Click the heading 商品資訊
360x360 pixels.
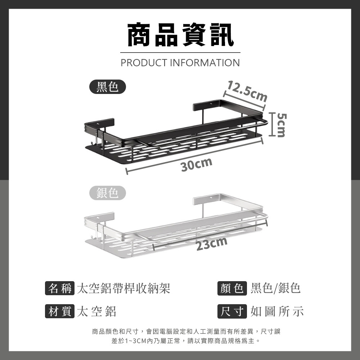pos(180,35)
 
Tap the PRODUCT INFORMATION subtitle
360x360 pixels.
pos(180,63)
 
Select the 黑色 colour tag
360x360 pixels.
pos(108,87)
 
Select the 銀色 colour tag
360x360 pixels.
pos(108,193)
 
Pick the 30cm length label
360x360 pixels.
pos(196,165)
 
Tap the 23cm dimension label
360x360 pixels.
pos(211,244)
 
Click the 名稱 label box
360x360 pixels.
pos(60,288)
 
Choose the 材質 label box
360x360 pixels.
pos(60,311)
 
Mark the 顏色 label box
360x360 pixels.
pos(232,288)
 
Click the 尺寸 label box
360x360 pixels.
pos(232,311)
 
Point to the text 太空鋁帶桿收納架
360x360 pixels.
pos(123,288)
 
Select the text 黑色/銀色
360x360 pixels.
pos(275,288)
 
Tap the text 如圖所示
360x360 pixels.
pos(277,311)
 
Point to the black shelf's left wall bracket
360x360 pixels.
pos(99,124)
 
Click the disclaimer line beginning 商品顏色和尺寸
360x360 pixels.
pos(186,331)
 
